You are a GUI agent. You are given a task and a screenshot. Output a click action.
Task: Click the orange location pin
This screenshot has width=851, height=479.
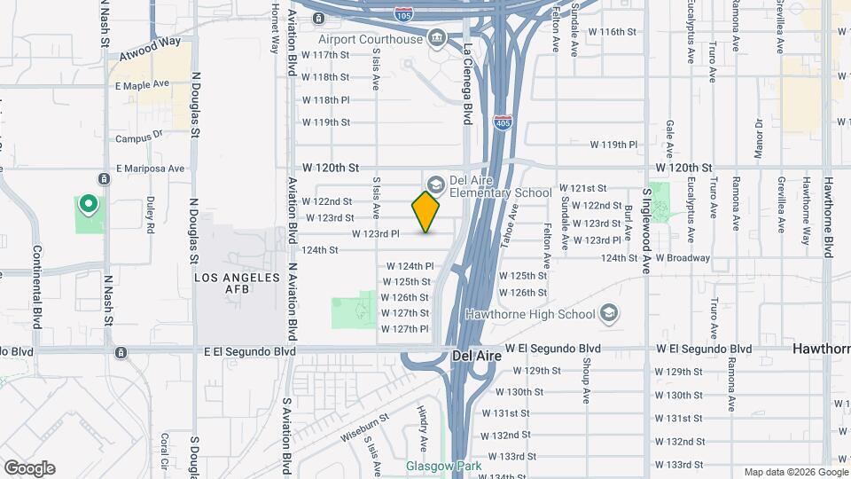coord(426,211)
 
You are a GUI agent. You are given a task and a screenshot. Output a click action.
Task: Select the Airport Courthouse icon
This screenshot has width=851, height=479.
coord(436,38)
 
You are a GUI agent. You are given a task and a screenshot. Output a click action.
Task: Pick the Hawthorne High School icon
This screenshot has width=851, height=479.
coord(608,313)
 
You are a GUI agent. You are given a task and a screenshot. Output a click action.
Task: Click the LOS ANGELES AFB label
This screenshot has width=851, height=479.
coord(238,285)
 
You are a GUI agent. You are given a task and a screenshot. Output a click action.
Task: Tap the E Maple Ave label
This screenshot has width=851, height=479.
coord(142,84)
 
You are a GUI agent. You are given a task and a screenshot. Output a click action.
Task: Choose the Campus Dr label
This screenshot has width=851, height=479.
coord(140,137)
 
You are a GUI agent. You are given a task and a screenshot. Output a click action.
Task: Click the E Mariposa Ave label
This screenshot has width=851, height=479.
coord(150,168)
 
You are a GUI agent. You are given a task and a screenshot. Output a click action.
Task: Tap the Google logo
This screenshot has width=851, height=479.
coord(29,467)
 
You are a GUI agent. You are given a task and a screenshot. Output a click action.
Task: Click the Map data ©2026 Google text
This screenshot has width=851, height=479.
coord(795,472)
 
